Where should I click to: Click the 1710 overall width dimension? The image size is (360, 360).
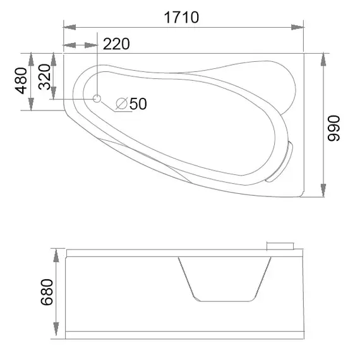pos(181,18)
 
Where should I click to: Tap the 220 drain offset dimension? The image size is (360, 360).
pos(116,44)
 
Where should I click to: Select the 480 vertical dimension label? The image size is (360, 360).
pos(21,81)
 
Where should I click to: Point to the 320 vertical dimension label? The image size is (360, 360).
pos(44,76)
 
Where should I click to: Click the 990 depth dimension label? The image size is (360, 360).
pos(333,128)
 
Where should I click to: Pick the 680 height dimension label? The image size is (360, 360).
pos(47,292)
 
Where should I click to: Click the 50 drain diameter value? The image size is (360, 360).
pos(138,104)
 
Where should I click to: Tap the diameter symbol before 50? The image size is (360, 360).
pos(122,104)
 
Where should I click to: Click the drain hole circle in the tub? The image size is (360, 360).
pos(97,99)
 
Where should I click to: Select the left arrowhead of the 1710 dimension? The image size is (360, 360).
pos(69,27)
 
